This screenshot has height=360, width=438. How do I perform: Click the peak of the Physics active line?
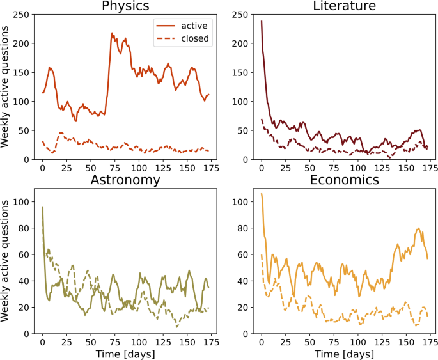tap(112, 33)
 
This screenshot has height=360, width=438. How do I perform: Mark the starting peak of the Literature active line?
tap(261, 20)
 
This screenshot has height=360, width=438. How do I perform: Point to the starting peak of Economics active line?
tap(261, 193)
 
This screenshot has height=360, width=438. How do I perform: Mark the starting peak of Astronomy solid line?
tap(42, 207)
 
